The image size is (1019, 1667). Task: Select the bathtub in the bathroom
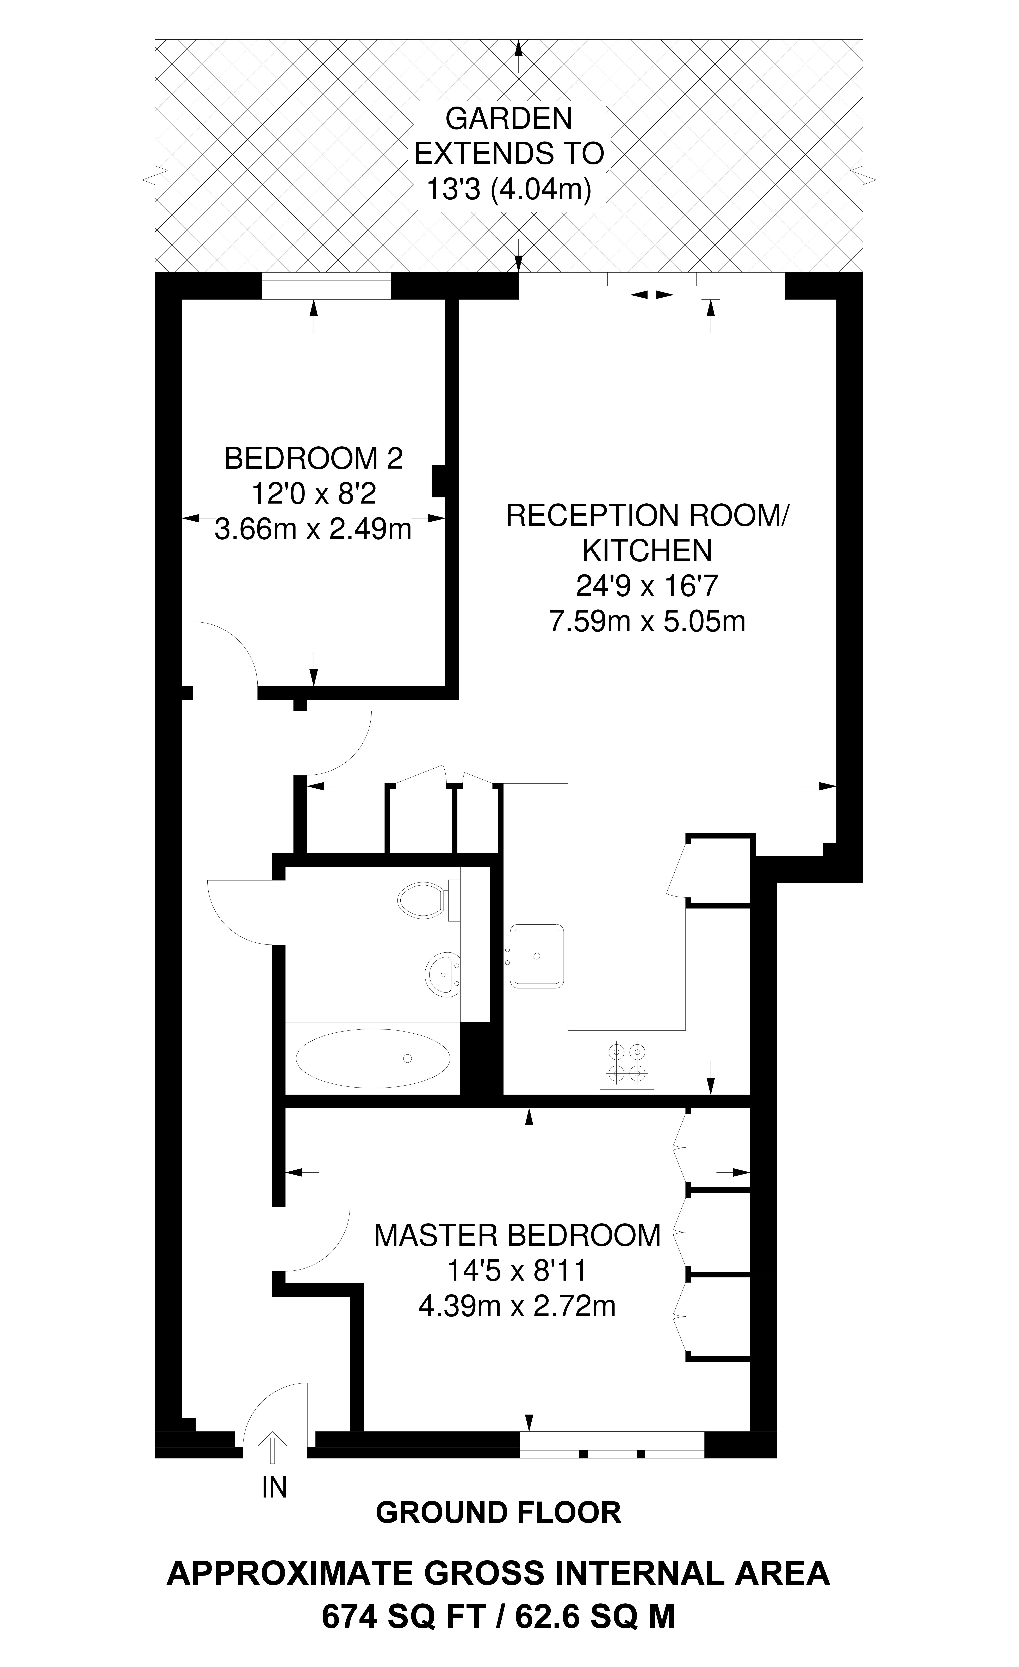coord(373,1058)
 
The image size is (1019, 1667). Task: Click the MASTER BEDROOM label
coord(517,1235)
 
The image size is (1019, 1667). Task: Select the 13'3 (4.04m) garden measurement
coord(509,190)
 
